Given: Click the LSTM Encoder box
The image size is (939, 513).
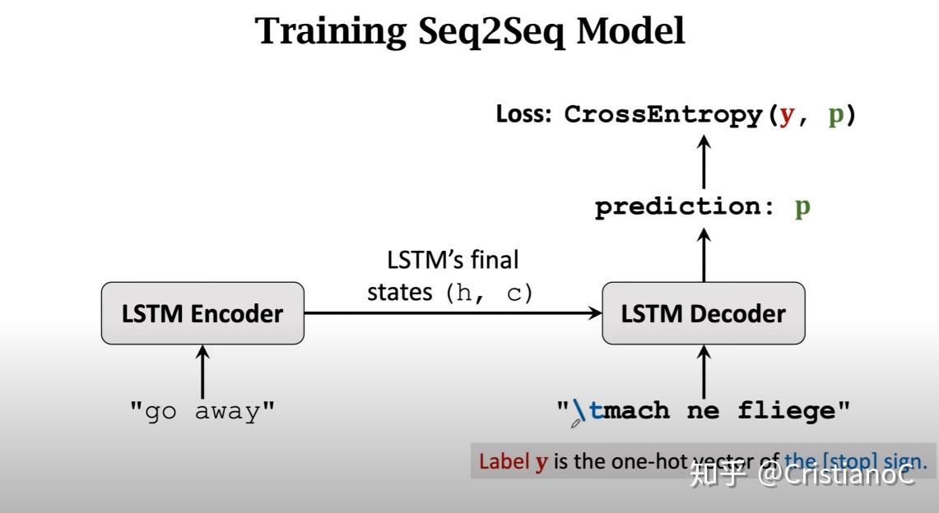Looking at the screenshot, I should pos(202,313).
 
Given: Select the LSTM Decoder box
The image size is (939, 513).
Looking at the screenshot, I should pos(703,313).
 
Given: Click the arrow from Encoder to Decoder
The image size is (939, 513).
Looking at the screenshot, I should pos(453,313).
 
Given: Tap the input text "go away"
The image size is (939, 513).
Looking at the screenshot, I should pos(202,410).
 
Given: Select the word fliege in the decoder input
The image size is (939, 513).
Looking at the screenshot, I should pos(785,409).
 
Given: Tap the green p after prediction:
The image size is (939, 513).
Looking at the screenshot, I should pos(802,207).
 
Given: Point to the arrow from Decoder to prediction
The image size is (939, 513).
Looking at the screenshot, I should pos(704,255).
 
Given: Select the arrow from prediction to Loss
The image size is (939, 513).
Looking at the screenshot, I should pos(704,161).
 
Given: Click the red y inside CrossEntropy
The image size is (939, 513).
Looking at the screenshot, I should pos(788,114).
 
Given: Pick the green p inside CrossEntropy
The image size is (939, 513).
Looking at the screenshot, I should pos(835,114).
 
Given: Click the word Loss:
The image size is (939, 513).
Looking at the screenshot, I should pos(526,114).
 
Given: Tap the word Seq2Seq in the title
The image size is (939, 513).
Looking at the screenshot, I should pos(490,32).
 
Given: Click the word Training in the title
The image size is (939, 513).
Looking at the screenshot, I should pos(330,32).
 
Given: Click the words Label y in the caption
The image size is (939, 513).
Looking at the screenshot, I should pos(514,462).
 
